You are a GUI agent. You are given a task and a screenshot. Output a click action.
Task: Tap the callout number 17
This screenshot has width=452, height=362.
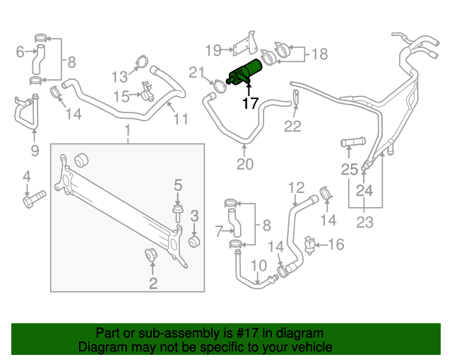(250, 104)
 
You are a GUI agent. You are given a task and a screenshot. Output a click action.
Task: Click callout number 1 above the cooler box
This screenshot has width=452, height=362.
(128, 131)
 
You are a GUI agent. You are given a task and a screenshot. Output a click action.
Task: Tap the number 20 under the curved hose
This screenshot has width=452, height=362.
(244, 165)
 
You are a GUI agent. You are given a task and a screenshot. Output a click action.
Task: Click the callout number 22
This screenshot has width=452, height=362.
(292, 127)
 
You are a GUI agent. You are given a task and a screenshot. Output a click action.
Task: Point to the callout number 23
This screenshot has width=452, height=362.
(364, 221)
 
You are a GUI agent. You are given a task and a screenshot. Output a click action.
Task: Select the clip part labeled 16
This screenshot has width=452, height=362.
(309, 245)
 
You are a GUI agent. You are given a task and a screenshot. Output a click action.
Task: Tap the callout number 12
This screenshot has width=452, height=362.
(296, 187)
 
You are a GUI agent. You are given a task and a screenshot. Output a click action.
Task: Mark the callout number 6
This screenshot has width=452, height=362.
(20, 50)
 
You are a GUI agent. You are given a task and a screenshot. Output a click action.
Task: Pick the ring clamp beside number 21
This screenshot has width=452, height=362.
(220, 87)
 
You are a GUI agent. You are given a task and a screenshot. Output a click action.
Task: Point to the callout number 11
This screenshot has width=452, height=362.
(181, 119)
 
